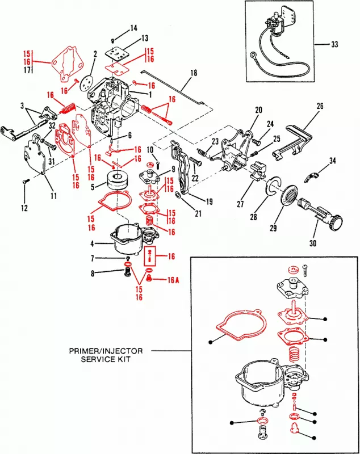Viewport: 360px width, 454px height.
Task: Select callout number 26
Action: (320, 106)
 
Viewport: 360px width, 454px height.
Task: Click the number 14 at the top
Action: (133, 28)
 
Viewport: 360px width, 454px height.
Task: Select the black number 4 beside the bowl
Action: (93, 245)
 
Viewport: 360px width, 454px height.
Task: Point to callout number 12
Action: (24, 208)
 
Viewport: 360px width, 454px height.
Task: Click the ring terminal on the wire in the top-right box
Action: (254, 56)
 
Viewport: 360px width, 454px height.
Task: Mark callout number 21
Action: (198, 213)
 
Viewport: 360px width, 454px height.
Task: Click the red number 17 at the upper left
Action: (27, 70)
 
